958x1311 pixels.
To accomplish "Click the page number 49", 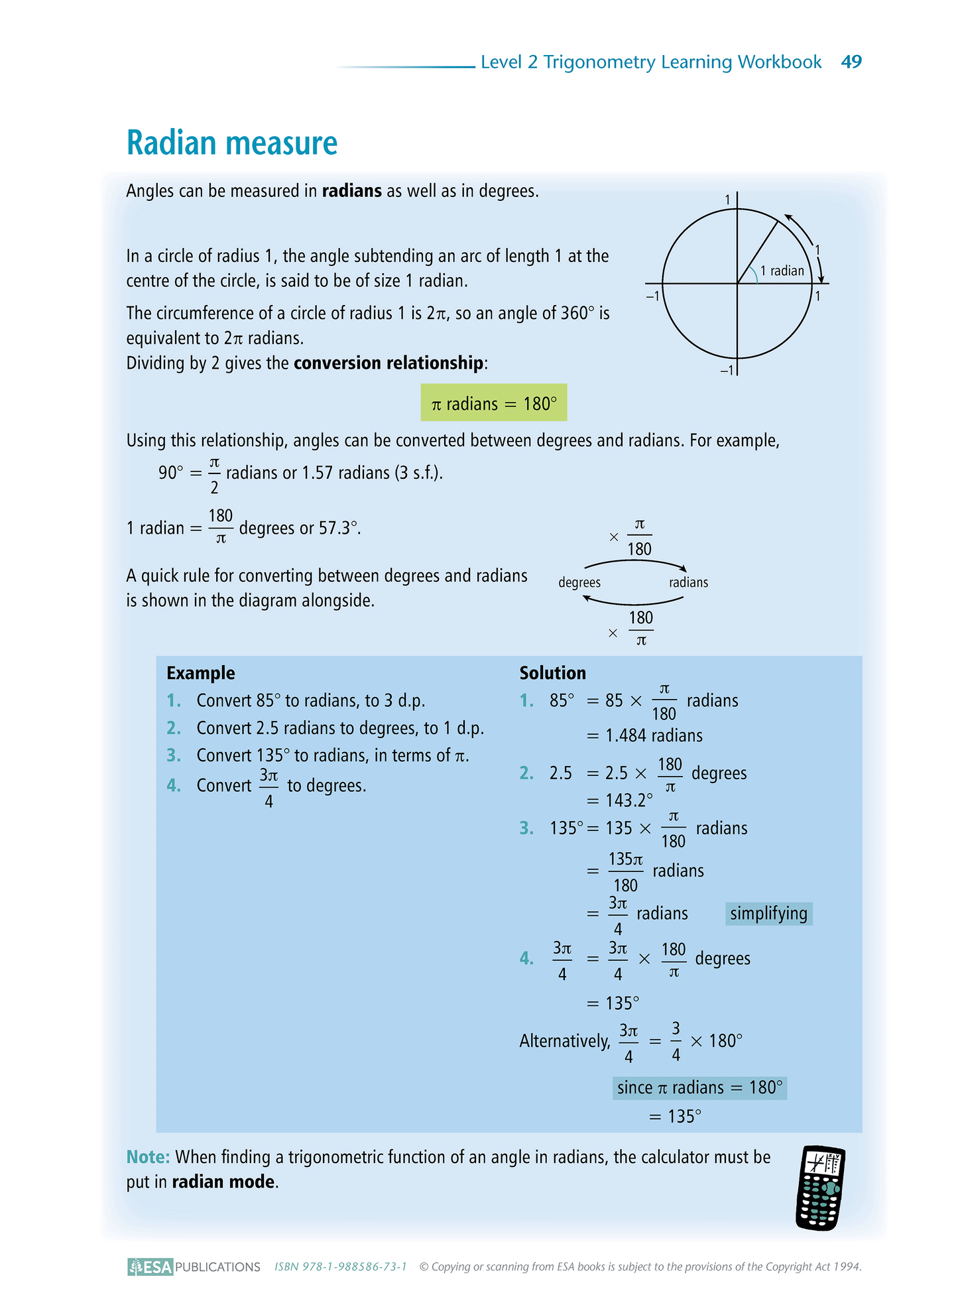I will [x=851, y=62].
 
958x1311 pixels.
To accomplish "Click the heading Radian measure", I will [x=232, y=143].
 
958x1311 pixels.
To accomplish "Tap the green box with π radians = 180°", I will [x=494, y=403].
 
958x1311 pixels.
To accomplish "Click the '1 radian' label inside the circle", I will [x=782, y=271].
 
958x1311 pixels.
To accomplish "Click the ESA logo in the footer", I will [x=150, y=1267].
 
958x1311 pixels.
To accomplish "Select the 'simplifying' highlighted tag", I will [x=768, y=914].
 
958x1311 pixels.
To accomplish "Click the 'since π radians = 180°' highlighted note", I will [x=699, y=1088].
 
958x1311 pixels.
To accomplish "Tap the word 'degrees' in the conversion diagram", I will [x=579, y=582].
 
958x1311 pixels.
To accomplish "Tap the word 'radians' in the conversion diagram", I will [x=688, y=582].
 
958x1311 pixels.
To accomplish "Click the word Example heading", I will [x=201, y=673].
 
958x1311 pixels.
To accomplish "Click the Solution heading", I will [x=552, y=673].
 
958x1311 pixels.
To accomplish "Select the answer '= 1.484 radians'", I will [x=645, y=735].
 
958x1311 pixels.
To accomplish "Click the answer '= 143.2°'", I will [x=620, y=800].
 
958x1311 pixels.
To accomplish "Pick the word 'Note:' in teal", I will [x=148, y=1157].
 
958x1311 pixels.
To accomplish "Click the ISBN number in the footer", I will [x=340, y=1267].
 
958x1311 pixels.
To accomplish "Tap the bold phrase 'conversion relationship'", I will [x=389, y=363].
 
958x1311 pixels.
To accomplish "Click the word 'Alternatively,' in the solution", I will [x=564, y=1041].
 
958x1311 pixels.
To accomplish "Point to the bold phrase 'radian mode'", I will [x=223, y=1182].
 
